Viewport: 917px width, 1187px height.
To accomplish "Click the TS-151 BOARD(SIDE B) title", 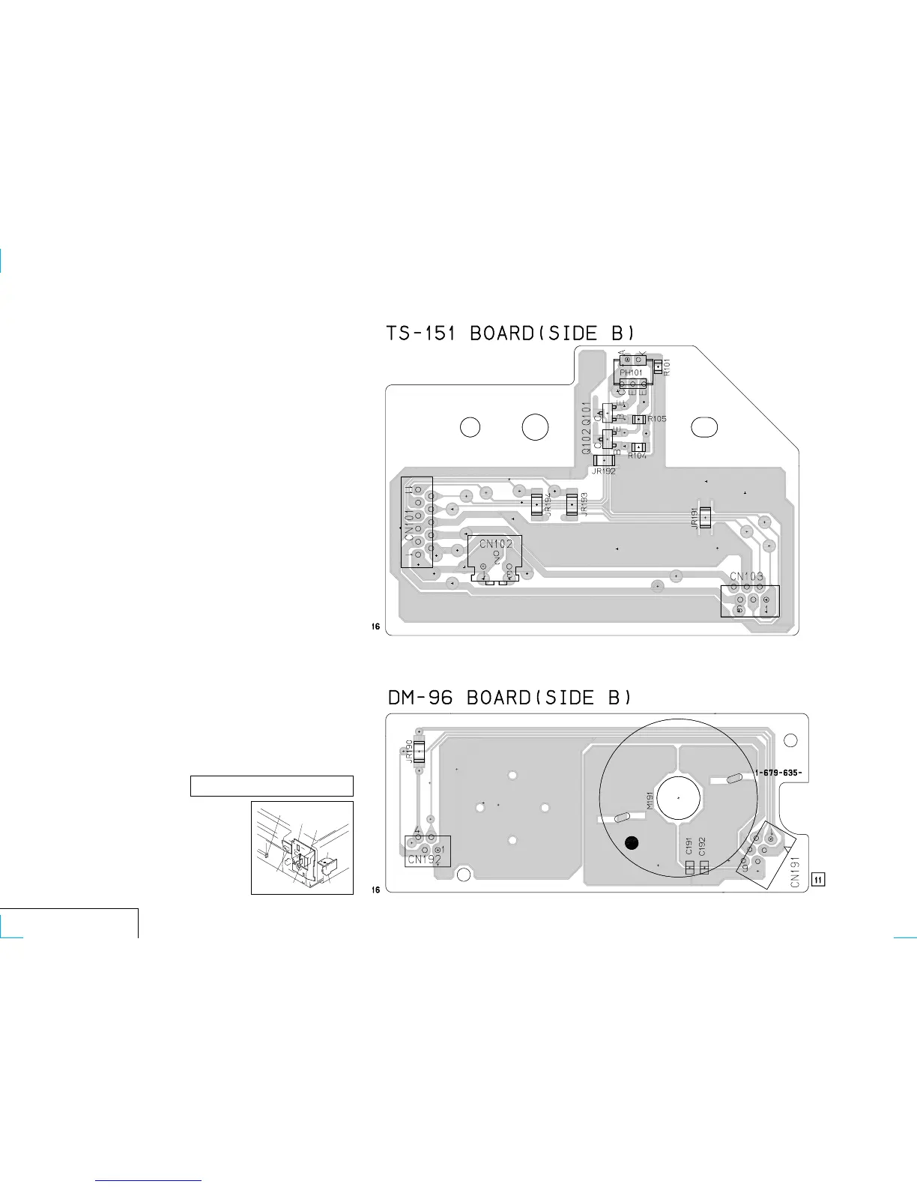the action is [511, 333].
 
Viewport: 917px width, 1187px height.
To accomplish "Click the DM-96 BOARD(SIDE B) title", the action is [509, 698].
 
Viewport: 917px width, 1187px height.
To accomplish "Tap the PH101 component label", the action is [631, 372].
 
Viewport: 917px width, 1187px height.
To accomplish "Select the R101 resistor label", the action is [667, 367].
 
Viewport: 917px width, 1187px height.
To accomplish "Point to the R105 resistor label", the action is [657, 419].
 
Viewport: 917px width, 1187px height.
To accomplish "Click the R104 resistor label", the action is [637, 456].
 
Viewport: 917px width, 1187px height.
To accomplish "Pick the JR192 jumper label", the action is [603, 471].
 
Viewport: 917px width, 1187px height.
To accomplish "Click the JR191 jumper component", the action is [704, 517].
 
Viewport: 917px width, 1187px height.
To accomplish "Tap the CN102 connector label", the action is [496, 544].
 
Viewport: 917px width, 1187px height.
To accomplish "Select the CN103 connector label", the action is [747, 576].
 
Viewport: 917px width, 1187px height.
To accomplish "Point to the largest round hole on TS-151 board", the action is [535, 427].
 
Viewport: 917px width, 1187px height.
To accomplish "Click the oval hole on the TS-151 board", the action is [705, 427].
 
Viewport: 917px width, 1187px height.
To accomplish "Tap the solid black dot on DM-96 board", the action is [632, 843].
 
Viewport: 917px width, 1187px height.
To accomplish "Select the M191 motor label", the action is [650, 800].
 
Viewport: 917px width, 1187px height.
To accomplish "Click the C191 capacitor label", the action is [689, 847].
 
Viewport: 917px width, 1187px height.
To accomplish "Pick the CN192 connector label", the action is [424, 860].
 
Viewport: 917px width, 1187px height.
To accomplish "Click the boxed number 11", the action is [819, 879].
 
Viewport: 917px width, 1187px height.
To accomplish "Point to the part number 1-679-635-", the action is [778, 773].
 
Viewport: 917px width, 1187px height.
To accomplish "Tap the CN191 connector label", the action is [796, 872].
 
